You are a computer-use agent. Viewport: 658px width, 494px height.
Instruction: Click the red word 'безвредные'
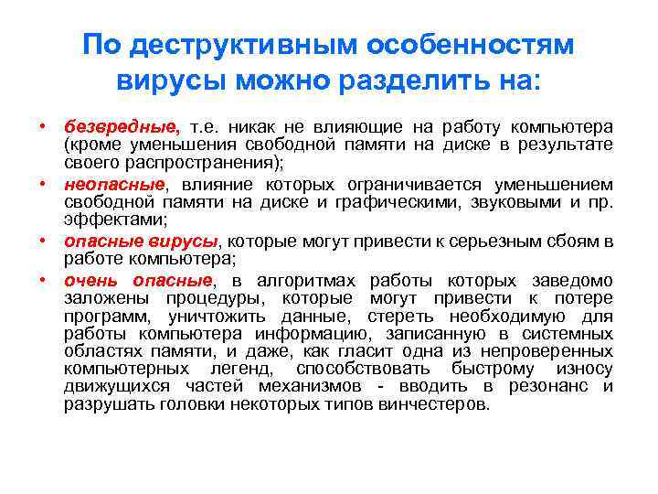tap(122, 126)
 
